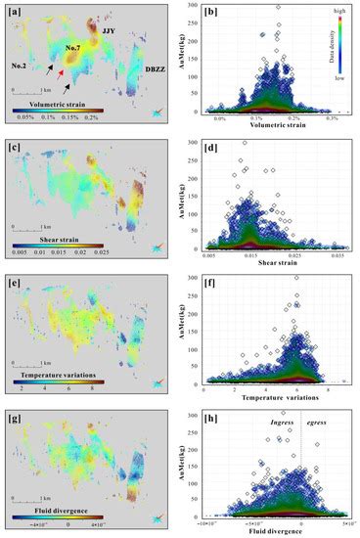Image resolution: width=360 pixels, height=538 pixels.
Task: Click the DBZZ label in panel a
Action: tap(157, 70)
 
